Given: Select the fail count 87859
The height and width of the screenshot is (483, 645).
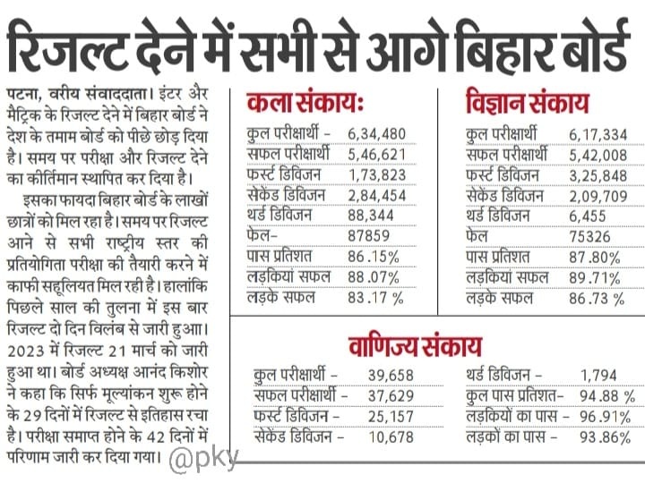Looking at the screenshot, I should coord(367,237).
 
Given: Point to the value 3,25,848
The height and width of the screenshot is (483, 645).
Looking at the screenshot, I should coord(598,175).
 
